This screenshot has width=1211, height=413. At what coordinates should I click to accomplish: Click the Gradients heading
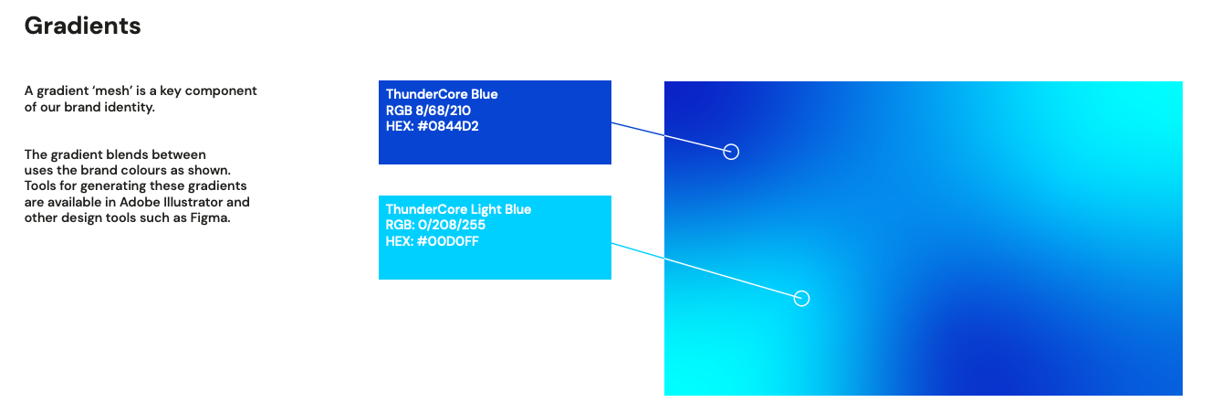[x=82, y=26]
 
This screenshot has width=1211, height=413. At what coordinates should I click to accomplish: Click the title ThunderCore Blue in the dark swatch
[x=442, y=94]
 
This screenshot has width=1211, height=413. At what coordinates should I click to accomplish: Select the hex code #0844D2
[x=433, y=127]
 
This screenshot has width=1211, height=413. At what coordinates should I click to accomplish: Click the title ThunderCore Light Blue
[x=458, y=209]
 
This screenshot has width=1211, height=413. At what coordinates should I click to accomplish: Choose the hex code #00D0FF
[x=433, y=242]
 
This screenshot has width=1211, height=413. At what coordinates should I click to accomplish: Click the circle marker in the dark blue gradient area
[x=731, y=152]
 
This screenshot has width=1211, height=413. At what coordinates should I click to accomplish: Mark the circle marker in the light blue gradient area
[x=801, y=298]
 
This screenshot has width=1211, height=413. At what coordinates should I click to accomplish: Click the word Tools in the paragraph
[x=41, y=186]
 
